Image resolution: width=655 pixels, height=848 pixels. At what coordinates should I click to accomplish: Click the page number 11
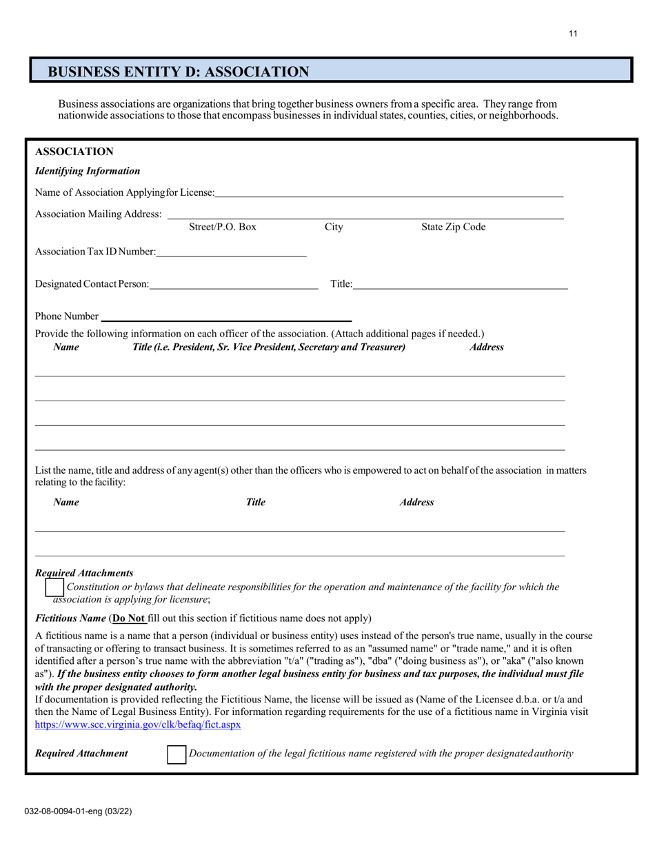pos(573,34)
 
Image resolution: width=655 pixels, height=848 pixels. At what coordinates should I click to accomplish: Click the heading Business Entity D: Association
pos(178,72)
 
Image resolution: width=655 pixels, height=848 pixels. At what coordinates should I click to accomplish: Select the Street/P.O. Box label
pos(222,227)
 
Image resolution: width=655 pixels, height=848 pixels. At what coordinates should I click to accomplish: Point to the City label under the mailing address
pos(333,227)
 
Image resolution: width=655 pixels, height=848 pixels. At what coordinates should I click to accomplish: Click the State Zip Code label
pos(453,227)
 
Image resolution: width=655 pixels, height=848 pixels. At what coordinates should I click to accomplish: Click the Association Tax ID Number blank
pos(231,252)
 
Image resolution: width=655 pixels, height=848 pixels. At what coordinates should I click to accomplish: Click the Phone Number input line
pos(225,316)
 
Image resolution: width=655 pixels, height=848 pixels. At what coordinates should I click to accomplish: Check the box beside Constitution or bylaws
pos(54,587)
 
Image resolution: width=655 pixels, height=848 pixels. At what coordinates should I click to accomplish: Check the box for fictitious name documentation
pos(177,754)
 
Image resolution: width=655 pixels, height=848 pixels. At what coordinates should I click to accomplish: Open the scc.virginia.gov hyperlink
pos(138,725)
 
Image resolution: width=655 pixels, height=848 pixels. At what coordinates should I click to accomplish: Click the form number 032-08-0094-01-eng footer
pos(77,811)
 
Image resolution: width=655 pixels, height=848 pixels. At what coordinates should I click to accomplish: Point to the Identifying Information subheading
pos(88,171)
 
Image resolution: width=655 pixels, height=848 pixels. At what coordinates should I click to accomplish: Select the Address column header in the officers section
pos(486,347)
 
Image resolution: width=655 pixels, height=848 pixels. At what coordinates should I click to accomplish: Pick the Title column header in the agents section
pos(255,503)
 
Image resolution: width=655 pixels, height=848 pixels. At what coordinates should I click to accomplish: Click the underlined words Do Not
pos(129,618)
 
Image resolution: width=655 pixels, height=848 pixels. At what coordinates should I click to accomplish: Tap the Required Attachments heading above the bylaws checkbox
pos(84,573)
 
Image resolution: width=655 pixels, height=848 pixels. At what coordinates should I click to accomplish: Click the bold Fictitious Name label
pos(70,618)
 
